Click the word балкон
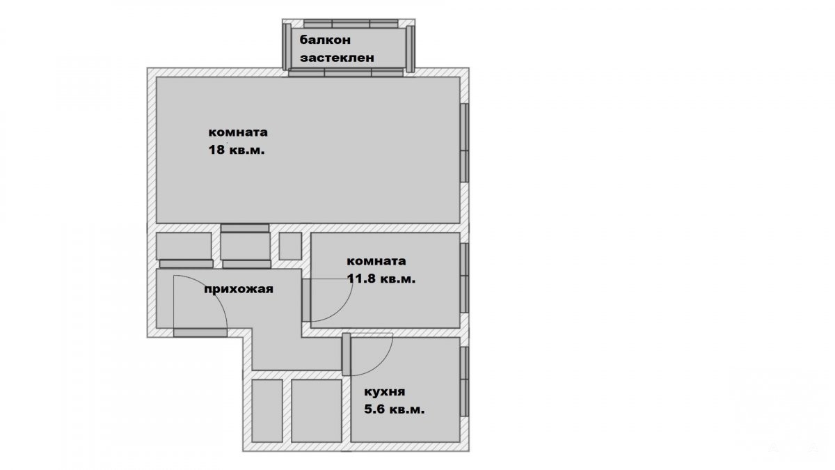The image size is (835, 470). (325, 40)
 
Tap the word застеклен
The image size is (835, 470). (337, 58)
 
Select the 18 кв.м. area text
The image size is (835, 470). (237, 150)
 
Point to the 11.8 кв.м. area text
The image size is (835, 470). (381, 279)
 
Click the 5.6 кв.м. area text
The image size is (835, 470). (395, 409)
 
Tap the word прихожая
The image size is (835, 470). (239, 289)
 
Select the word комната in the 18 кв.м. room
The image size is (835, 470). (238, 132)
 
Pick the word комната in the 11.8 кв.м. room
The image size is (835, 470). (376, 261)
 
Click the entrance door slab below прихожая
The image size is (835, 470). (200, 333)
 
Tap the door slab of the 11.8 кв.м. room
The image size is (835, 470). (306, 300)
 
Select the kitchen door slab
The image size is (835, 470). (347, 354)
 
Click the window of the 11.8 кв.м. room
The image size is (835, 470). (464, 278)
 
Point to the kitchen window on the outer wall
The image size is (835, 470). (464, 382)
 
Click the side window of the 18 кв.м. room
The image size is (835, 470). (464, 143)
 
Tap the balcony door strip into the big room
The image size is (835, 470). (346, 72)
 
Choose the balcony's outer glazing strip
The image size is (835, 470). (351, 24)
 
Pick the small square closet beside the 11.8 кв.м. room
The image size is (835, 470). (290, 246)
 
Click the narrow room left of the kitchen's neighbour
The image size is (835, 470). (267, 411)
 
